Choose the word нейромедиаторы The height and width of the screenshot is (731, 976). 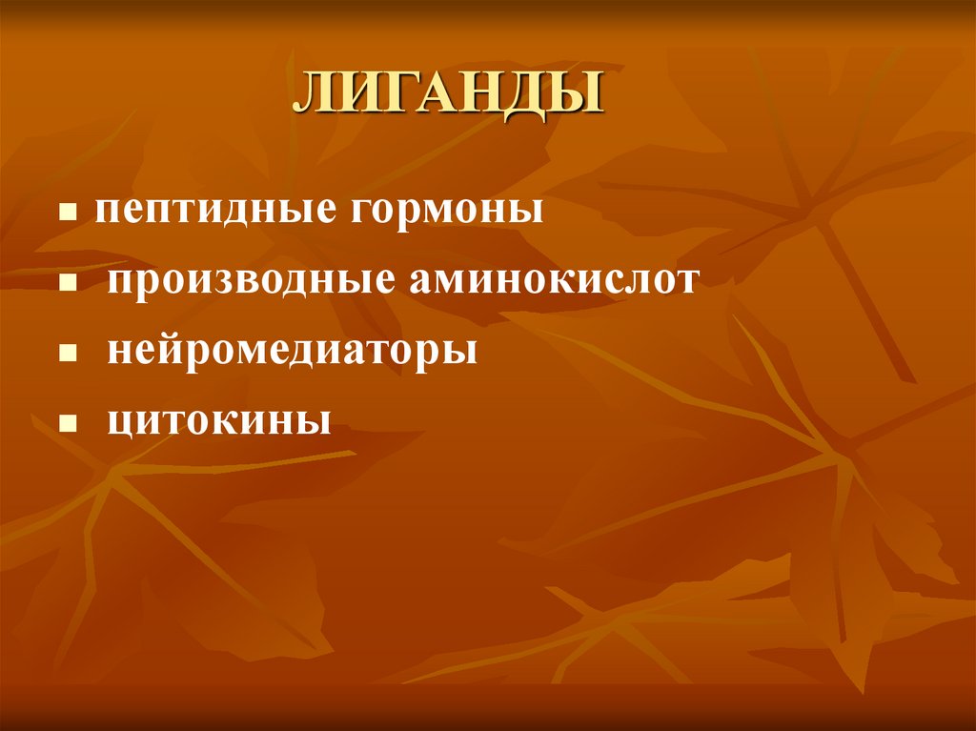(x=292, y=351)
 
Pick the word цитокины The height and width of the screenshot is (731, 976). (x=219, y=420)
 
